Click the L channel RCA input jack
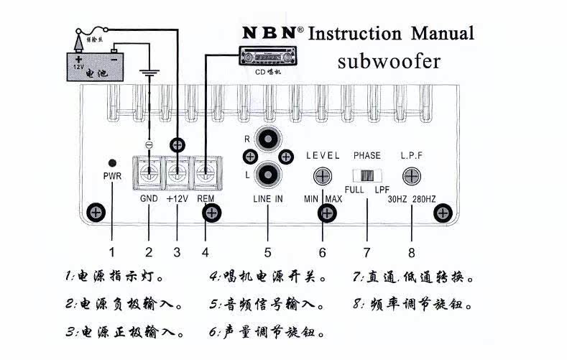point(267,172)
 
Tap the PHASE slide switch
point(367,175)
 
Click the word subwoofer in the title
point(389,61)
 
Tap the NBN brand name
point(269,33)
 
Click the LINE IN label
point(267,198)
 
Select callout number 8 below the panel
point(411,252)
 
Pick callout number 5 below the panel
point(267,252)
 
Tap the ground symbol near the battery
point(149,73)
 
